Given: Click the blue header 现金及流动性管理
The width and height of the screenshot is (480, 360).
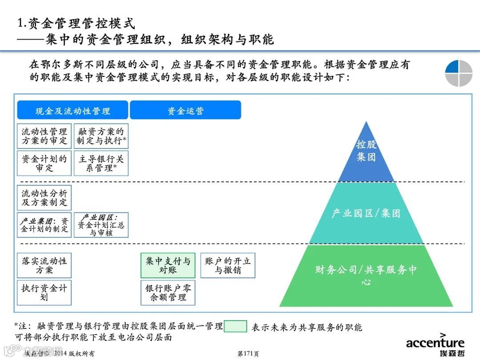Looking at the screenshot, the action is (72, 110).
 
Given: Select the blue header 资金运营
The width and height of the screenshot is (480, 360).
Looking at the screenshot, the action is (185, 110).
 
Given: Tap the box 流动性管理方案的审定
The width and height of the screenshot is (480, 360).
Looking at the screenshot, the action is (44, 136).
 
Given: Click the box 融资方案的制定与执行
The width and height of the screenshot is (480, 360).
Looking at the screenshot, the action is (101, 136).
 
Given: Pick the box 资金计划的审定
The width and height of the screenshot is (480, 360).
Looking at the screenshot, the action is (44, 163).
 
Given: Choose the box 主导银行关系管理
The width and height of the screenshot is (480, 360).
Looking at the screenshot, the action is (101, 163).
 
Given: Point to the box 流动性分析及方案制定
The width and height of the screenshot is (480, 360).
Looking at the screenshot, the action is (44, 198).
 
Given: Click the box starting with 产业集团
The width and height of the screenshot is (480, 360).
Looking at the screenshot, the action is (44, 224).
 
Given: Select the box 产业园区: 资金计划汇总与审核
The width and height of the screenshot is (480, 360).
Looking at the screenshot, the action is (101, 224).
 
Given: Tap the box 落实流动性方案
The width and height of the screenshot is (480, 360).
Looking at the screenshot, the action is (44, 265).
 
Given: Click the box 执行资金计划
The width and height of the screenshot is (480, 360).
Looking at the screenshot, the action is (44, 292).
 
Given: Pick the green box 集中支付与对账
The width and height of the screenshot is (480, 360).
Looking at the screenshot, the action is (168, 265).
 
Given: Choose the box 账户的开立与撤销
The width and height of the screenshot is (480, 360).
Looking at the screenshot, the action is (228, 265).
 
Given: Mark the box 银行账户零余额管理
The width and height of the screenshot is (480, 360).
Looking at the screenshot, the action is (168, 292).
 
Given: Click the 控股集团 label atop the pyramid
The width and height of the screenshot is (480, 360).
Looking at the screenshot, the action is (366, 151).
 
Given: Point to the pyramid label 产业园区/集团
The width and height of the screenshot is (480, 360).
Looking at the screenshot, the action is (366, 213).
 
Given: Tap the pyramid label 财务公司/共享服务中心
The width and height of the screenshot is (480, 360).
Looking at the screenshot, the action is (366, 275).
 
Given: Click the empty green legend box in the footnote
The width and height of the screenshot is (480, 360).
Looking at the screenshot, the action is (235, 327).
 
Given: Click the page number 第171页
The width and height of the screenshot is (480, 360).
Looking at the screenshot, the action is (248, 354).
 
